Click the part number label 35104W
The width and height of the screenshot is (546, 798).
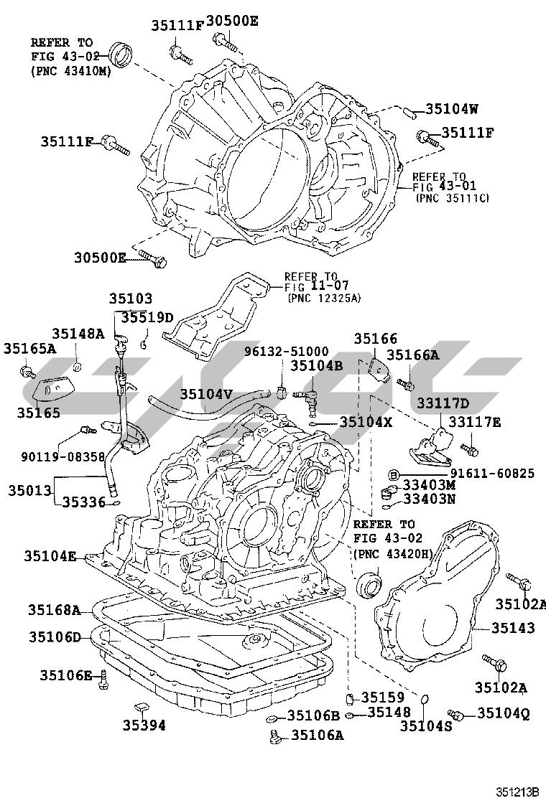click(452, 110)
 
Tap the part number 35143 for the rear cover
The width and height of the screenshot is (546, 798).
click(513, 628)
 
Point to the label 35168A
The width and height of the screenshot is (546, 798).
click(55, 610)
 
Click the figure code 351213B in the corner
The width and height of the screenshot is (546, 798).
click(517, 791)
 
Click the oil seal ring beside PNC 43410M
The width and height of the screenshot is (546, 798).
click(121, 55)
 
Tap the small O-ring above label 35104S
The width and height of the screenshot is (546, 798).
click(425, 699)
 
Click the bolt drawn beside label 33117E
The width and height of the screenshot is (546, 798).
click(470, 451)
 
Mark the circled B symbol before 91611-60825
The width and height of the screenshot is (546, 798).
click(393, 474)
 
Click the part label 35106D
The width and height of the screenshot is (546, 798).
click(55, 637)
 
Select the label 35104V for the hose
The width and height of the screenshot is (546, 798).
click(206, 393)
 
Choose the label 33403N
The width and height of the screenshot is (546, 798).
click(430, 499)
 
